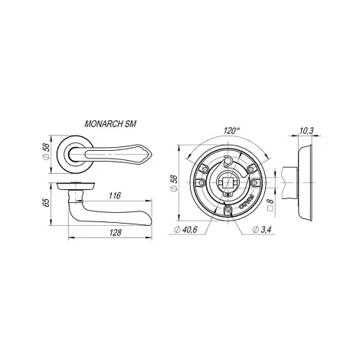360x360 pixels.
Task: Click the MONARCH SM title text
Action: (110, 124)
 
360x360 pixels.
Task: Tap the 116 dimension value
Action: (115, 196)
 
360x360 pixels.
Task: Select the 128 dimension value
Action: (116, 233)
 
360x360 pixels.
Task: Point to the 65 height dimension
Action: (46, 203)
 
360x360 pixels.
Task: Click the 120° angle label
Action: (231, 131)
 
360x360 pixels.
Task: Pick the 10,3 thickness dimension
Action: (306, 131)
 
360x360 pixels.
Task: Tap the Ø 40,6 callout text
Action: (185, 230)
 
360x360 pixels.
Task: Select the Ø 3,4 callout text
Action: (261, 230)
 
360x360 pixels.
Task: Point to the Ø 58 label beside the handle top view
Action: (46, 153)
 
